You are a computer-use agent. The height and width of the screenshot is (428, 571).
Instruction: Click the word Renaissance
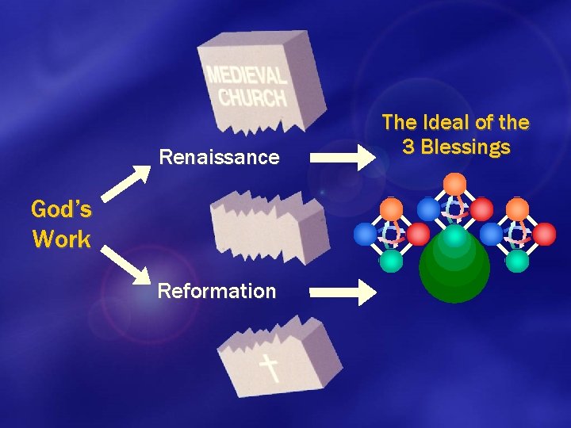click(219, 157)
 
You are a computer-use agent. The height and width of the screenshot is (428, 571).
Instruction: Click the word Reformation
click(217, 291)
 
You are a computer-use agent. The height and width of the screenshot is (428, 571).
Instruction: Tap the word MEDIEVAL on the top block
click(246, 77)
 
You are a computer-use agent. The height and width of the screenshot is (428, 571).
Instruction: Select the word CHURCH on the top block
click(252, 97)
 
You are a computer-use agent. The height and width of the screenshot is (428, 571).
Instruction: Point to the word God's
click(61, 210)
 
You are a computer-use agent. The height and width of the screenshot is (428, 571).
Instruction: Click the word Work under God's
click(61, 239)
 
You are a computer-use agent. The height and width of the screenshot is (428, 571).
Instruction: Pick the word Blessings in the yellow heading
click(466, 147)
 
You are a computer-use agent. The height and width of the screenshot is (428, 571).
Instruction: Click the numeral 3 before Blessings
click(410, 147)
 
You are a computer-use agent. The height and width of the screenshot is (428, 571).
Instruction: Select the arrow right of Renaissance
click(343, 155)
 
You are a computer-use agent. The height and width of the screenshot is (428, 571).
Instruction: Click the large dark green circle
click(454, 269)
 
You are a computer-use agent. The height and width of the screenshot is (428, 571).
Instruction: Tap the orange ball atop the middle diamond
click(454, 184)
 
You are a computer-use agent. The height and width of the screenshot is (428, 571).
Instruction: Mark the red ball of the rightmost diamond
click(544, 234)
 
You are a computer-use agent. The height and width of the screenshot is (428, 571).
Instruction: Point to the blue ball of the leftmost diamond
click(365, 234)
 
